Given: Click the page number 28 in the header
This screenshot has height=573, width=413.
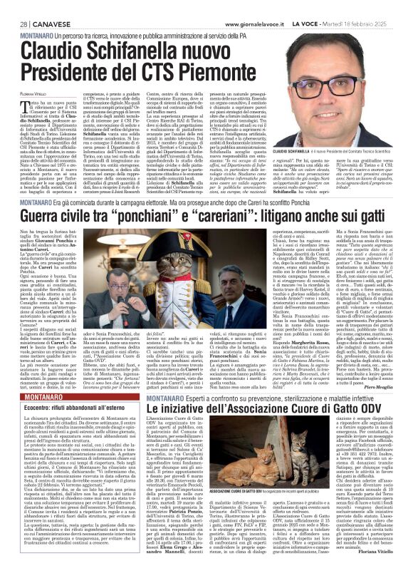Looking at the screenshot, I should tap(14, 6).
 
